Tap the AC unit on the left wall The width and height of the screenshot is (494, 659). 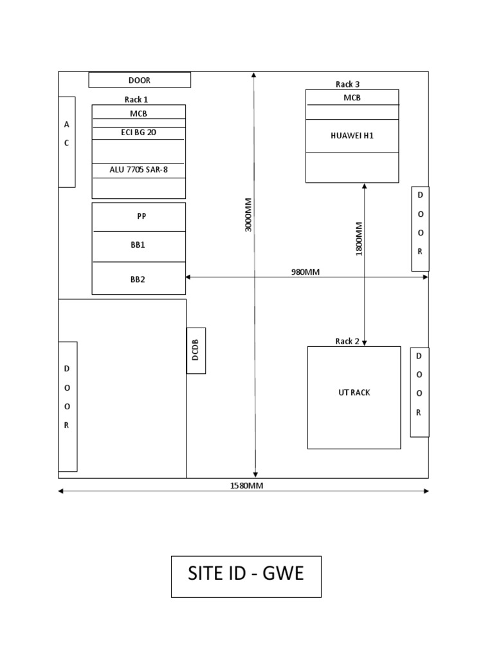coord(67,142)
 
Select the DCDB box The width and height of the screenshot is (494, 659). coord(196,350)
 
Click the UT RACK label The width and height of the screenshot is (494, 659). coord(354,393)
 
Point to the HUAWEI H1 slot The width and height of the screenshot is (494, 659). coord(352,136)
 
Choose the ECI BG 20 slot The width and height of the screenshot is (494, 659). coord(138,133)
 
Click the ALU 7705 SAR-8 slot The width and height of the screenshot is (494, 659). coord(138,170)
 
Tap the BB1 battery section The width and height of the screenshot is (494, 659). coord(139,245)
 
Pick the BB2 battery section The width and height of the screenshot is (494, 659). coord(139,279)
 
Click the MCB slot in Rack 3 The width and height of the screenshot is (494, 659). coord(352,97)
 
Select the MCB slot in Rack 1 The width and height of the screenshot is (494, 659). coord(139,113)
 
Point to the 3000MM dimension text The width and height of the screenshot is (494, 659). coord(249,215)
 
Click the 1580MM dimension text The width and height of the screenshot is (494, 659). coord(247,486)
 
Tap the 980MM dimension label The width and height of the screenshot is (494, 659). coord(305,272)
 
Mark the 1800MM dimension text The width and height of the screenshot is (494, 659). coord(359,239)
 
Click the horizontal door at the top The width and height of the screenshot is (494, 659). coord(140,80)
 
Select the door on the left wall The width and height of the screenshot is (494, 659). coord(68,406)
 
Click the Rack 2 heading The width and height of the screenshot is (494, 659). coord(347,341)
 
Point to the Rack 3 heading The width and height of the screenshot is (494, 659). coord(347,84)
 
